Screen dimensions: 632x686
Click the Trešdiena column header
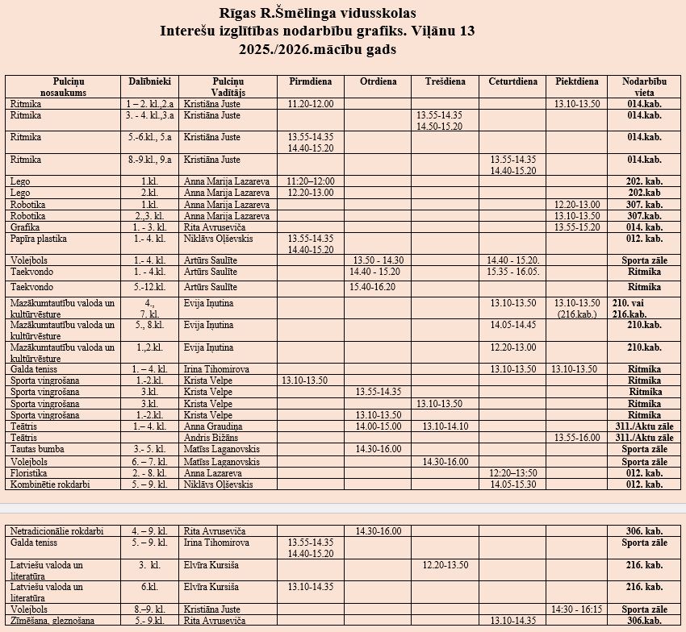[445, 81]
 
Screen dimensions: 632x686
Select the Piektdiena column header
[577, 81]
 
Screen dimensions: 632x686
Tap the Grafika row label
[27, 227]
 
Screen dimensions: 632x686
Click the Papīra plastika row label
[39, 239]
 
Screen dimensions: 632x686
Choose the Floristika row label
[29, 473]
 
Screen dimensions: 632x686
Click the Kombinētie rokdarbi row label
[50, 484]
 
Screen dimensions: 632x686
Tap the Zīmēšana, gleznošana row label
[52, 620]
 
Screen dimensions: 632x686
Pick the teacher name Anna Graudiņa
[213, 426]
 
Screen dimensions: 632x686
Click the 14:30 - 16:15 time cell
[578, 609]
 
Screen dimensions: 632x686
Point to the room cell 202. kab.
[645, 181]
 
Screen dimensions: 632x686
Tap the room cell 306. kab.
[644, 531]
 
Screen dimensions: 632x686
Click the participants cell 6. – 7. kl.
[149, 462]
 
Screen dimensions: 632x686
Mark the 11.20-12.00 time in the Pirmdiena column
[311, 104]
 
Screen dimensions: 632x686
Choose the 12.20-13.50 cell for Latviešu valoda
[445, 565]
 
